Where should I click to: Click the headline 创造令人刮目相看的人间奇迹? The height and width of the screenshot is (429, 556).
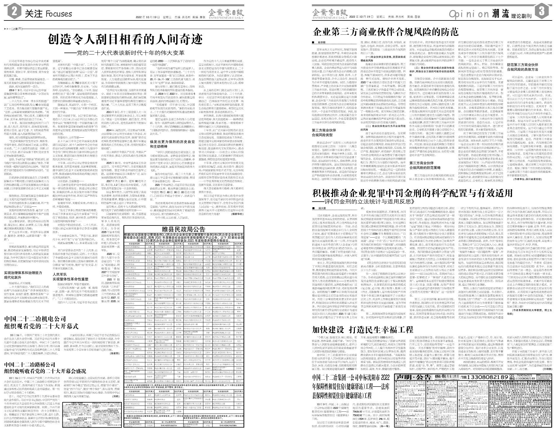(x=125, y=39)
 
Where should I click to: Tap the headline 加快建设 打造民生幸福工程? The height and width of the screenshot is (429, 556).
(x=363, y=330)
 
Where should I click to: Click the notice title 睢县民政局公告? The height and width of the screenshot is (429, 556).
(x=183, y=229)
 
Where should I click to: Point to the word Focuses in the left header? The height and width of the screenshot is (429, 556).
(x=59, y=14)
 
